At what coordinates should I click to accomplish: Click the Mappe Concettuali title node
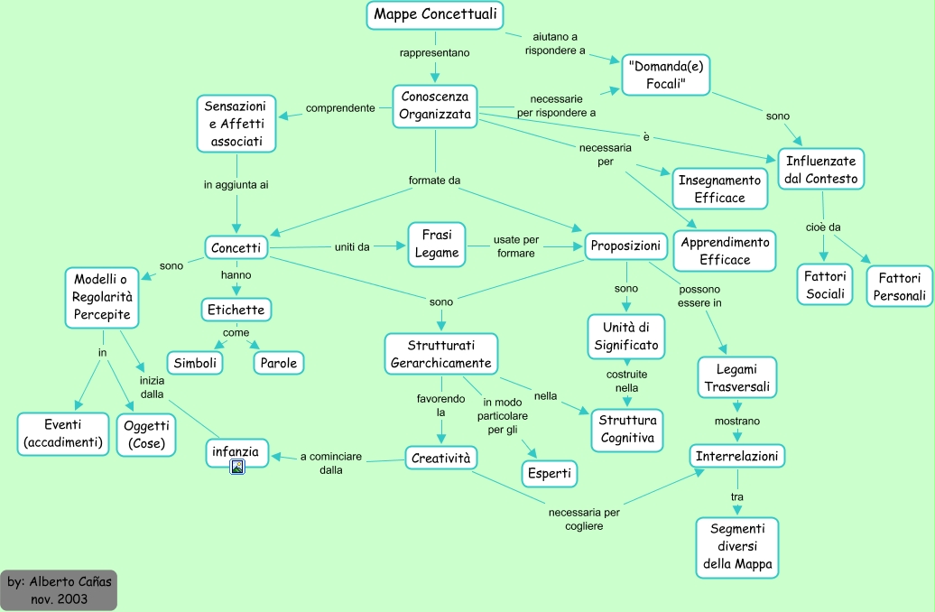[435, 15]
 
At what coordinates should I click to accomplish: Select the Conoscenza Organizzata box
[435, 106]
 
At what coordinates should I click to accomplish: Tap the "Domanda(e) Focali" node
[666, 75]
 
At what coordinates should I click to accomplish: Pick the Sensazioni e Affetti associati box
[236, 124]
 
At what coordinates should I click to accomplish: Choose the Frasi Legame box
[437, 244]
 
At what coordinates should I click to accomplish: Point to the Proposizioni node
[625, 246]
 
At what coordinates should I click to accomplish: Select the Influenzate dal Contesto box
[820, 169]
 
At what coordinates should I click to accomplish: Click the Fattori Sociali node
[825, 284]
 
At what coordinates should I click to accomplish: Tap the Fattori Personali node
[899, 286]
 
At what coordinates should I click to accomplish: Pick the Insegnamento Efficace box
[719, 188]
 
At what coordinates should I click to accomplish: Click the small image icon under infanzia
[237, 467]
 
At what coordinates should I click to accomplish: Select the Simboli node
[195, 362]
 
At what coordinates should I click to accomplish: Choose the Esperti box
[548, 473]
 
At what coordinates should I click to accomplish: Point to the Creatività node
[440, 459]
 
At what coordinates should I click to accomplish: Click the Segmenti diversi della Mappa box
[736, 547]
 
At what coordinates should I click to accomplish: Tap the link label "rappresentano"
[435, 53]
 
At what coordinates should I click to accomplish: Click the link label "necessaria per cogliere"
[584, 519]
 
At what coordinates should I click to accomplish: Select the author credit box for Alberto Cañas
[59, 589]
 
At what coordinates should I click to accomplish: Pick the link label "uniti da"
[352, 246]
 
